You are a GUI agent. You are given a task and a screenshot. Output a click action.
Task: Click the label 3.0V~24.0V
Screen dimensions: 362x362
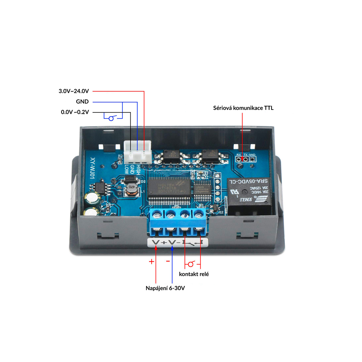click(74, 91)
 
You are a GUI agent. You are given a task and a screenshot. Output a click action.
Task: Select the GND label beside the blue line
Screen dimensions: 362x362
click(82, 102)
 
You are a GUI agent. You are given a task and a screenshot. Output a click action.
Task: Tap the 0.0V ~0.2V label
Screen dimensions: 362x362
click(75, 112)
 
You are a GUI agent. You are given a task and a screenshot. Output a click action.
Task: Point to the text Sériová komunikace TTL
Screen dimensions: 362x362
click(243, 108)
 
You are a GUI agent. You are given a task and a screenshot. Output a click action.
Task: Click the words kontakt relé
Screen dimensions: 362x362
click(194, 274)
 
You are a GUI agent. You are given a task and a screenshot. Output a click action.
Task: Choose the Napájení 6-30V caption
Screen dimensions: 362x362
click(165, 288)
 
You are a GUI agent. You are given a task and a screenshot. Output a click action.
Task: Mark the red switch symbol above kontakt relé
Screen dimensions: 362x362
click(191, 264)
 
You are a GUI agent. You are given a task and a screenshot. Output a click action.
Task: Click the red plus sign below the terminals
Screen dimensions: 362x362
click(151, 262)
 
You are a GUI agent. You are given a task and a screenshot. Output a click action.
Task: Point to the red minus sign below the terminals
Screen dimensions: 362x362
click(168, 261)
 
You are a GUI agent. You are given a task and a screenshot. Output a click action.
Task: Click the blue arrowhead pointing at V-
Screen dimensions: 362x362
click(172, 248)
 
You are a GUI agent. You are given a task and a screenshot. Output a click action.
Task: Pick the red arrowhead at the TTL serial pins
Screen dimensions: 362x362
click(242, 159)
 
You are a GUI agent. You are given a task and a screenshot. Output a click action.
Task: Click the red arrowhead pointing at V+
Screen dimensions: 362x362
click(156, 248)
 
